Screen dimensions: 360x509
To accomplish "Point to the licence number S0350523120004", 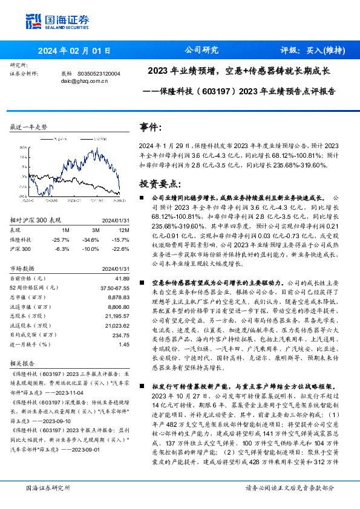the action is click(x=99, y=73).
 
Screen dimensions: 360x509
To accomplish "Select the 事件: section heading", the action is click(x=151, y=127).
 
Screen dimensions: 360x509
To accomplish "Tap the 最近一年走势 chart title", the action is click(x=29, y=128).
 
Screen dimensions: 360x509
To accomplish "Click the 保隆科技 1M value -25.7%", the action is click(x=62, y=240).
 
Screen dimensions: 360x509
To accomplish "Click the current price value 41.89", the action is click(x=123, y=277).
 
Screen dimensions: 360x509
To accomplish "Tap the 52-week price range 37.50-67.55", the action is click(x=114, y=289).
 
